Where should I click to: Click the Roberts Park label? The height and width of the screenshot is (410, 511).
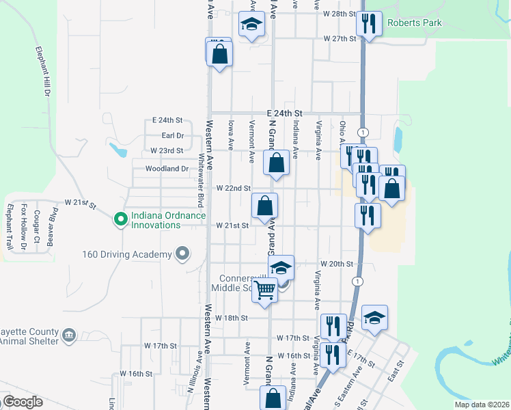(414, 23)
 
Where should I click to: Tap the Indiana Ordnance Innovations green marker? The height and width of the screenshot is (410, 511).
(121, 219)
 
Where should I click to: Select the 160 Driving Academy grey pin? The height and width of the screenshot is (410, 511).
(181, 255)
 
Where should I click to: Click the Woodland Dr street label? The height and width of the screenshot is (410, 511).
(167, 169)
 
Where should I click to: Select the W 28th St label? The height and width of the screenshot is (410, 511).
(340, 14)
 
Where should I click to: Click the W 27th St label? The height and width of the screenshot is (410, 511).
(340, 39)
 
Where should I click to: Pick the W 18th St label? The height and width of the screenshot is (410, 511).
(231, 318)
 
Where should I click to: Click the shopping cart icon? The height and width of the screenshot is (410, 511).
(264, 290)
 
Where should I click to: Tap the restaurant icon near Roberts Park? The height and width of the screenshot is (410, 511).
(368, 25)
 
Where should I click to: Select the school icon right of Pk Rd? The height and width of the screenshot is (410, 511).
(374, 318)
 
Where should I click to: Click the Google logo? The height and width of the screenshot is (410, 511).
(22, 402)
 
